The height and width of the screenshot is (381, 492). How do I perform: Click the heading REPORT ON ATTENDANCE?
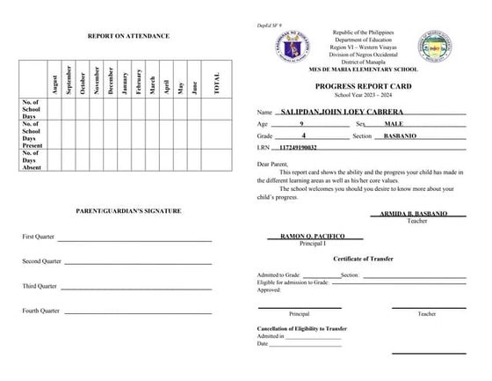click(x=128, y=36)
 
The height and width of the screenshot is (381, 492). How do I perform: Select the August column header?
click(x=55, y=85)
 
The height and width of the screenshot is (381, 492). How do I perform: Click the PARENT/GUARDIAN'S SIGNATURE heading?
click(x=128, y=211)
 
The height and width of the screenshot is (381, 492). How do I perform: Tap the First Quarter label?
click(x=41, y=238)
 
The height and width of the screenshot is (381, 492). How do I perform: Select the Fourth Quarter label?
click(x=41, y=311)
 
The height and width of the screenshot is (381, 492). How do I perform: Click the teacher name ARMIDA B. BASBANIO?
click(x=416, y=214)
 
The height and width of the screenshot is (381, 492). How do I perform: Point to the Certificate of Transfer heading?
click(x=361, y=259)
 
